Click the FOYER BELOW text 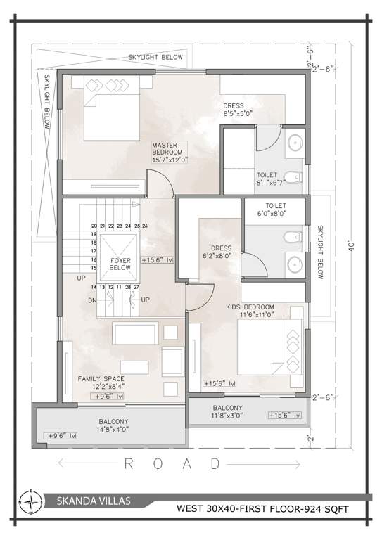tap(120, 264)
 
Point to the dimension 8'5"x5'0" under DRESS tap(238, 113)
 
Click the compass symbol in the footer tap(32, 502)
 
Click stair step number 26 tap(145, 226)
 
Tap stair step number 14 tap(94, 287)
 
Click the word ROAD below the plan tap(172, 463)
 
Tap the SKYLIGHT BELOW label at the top tap(155, 57)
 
